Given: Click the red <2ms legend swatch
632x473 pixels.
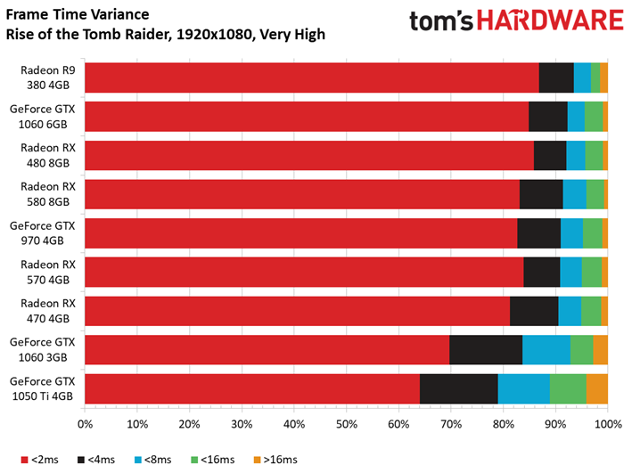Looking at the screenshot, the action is [25, 460].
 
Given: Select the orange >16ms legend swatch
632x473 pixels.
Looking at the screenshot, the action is [257, 460].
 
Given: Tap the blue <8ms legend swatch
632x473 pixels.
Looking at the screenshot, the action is [138, 460].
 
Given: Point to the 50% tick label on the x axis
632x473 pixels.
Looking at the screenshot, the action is [347, 424].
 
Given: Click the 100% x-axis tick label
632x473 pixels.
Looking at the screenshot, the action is [608, 424].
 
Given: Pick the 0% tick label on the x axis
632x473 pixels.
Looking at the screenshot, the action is [85, 424].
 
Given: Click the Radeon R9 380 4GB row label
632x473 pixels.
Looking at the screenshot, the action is [48, 77].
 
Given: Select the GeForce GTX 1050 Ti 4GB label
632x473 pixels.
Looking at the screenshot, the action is [42, 388].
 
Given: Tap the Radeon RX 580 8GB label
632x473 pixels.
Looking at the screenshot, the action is [48, 194].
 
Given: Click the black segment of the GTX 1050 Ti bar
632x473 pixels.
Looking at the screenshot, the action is [459, 388].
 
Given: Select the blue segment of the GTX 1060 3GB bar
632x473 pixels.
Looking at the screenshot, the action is [546, 350].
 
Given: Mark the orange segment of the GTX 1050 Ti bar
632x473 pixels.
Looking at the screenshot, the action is [597, 388].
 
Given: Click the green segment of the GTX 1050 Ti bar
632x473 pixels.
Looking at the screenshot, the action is [568, 388].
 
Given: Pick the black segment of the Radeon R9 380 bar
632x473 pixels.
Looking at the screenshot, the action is [556, 77].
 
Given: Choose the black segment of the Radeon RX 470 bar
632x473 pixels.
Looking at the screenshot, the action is [534, 311].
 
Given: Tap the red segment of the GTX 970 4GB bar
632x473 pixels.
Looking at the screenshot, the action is [301, 233].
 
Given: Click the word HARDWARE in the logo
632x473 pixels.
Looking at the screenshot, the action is [550, 20].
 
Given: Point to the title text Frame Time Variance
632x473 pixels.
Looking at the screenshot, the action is [78, 14].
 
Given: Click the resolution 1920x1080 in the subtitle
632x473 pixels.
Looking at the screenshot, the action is [214, 34].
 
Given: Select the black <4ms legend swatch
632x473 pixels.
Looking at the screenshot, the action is [81, 460].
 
